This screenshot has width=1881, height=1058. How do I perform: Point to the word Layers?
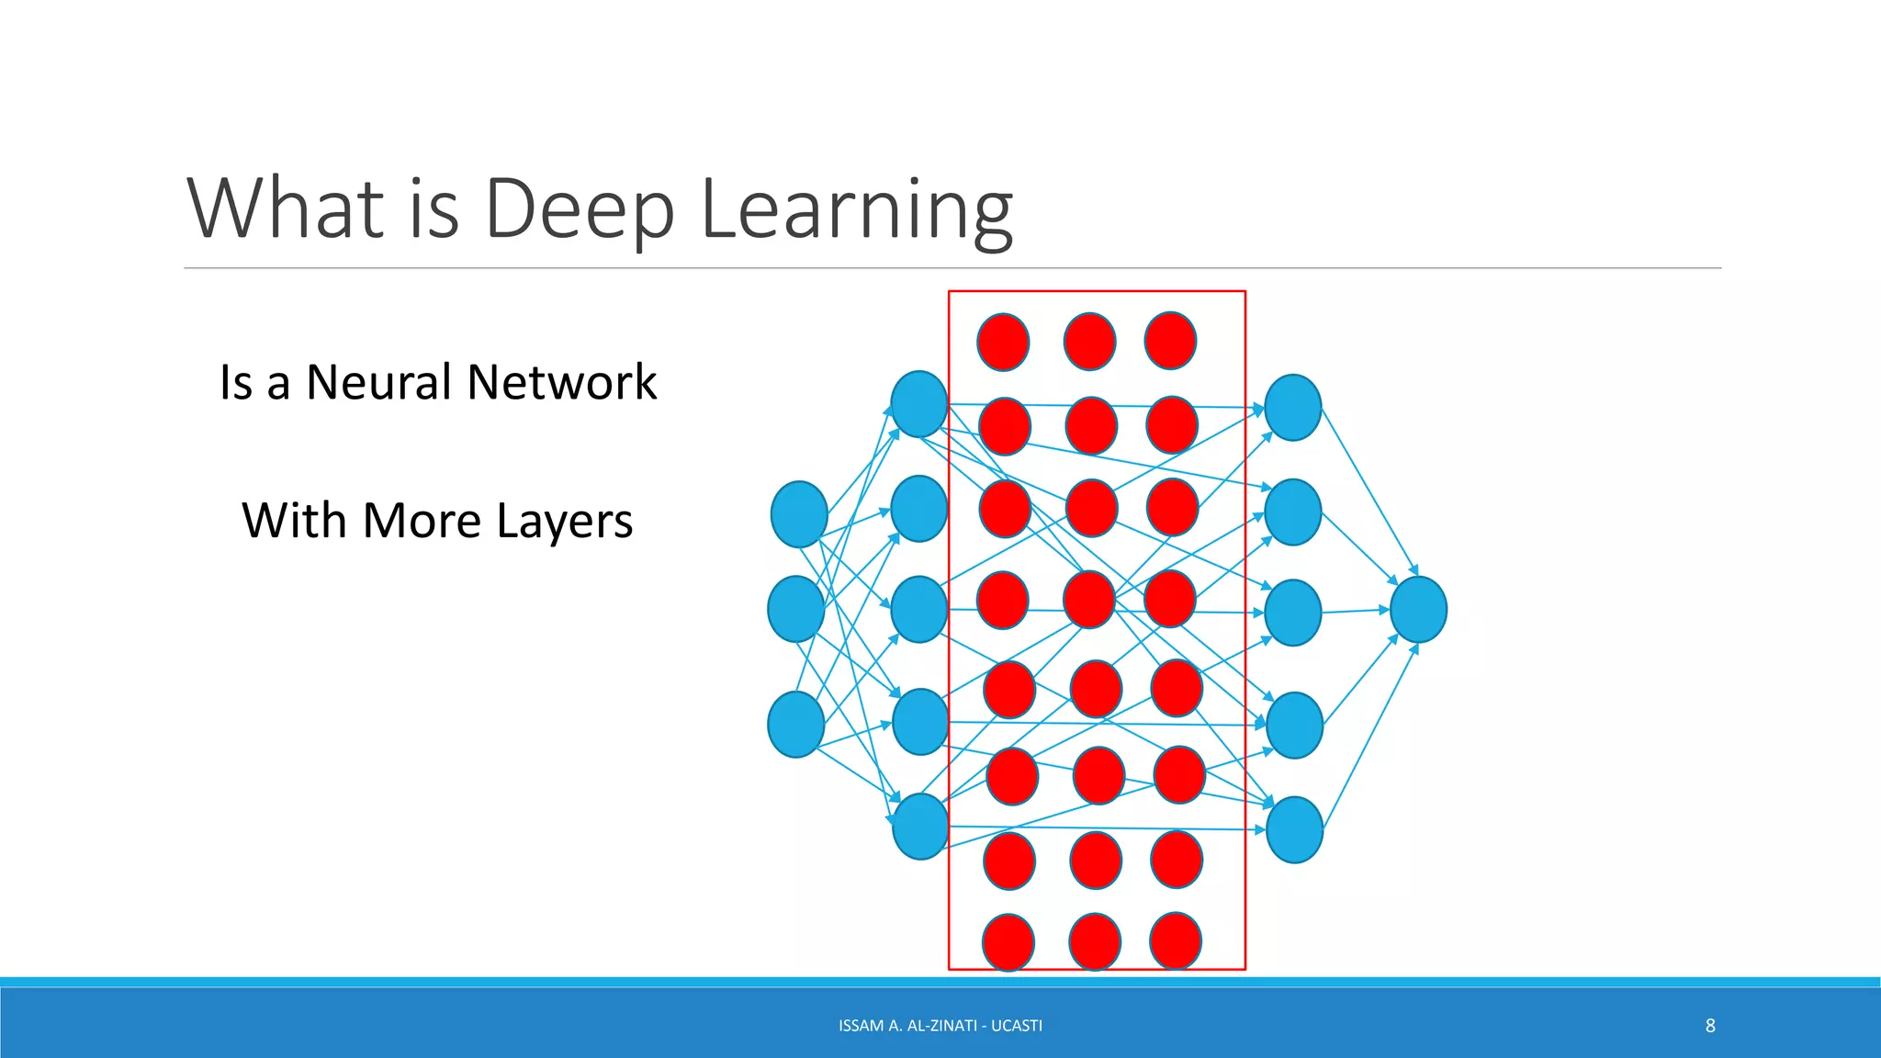(564, 522)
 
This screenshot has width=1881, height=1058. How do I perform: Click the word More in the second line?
(422, 521)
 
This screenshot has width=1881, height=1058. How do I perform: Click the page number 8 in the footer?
(1710, 1026)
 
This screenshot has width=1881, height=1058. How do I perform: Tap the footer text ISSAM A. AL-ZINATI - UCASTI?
(940, 1026)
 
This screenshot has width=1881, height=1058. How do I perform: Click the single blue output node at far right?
(1418, 610)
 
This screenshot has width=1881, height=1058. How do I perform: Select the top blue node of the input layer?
(799, 514)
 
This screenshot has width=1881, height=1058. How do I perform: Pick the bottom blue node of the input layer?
(795, 725)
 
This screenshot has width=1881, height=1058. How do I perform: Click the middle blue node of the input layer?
(795, 609)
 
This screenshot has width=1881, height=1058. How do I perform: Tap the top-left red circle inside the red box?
(1003, 342)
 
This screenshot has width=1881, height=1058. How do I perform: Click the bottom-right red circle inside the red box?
(1176, 940)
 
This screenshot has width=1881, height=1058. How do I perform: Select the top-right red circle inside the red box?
(1170, 341)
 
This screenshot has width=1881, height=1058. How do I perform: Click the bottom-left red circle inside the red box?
(1008, 942)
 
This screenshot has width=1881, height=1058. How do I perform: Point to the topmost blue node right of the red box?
(1293, 407)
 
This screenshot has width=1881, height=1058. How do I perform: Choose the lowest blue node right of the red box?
(1294, 829)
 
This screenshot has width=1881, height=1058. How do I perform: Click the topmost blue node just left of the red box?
(918, 404)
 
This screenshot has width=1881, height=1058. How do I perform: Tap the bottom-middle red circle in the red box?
(1095, 941)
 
